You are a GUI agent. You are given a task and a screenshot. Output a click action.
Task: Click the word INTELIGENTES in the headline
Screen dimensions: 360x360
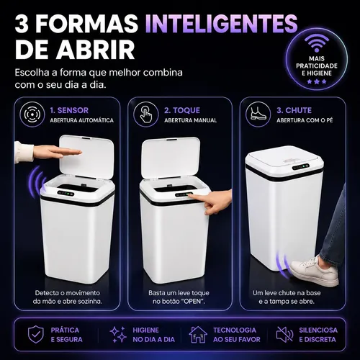pyautogui.click(x=221, y=23)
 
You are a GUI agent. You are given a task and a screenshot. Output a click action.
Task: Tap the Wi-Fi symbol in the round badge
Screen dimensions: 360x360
pyautogui.click(x=317, y=43)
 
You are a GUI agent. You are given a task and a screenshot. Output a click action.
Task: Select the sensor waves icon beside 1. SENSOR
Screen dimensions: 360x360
pyautogui.click(x=32, y=114)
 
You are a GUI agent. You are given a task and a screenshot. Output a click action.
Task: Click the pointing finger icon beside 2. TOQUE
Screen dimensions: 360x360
pyautogui.click(x=146, y=114)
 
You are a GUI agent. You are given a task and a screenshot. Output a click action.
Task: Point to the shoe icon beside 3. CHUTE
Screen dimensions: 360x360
pyautogui.click(x=258, y=114)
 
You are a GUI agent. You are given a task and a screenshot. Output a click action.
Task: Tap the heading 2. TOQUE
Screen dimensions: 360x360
pyautogui.click(x=182, y=110)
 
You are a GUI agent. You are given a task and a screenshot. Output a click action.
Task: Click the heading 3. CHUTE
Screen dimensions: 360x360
pyautogui.click(x=294, y=110)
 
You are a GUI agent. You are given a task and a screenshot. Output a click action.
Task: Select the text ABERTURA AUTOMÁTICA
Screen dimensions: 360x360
pyautogui.click(x=81, y=120)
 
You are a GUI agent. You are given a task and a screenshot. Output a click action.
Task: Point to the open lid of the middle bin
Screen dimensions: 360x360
pyautogui.click(x=171, y=158)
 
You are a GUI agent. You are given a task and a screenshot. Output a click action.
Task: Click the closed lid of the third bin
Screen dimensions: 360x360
pyautogui.click(x=284, y=160)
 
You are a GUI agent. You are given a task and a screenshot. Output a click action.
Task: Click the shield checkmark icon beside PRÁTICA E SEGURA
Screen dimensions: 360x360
pyautogui.click(x=36, y=334)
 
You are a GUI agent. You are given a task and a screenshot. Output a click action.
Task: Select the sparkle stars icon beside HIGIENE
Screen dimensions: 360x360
pyautogui.click(x=118, y=334)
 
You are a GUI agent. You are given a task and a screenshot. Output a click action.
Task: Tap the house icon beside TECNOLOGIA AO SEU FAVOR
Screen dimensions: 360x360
pyautogui.click(x=198, y=334)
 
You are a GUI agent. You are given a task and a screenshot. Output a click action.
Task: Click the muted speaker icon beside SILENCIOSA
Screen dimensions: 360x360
pyautogui.click(x=284, y=334)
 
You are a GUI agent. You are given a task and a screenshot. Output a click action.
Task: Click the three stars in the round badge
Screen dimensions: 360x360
pyautogui.click(x=317, y=81)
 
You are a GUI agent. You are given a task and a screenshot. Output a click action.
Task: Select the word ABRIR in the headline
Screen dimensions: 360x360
pyautogui.click(x=95, y=50)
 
